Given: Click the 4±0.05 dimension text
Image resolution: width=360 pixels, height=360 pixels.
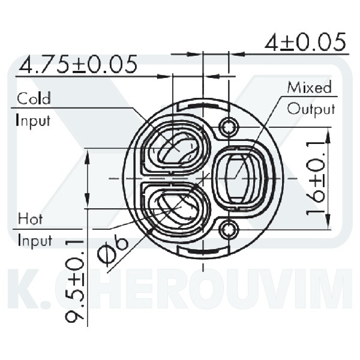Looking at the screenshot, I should (305, 43).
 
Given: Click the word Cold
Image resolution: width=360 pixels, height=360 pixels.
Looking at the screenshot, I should (34, 98).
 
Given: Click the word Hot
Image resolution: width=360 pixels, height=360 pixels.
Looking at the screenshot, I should (30, 218).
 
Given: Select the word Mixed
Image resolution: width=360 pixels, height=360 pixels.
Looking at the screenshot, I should (309, 88).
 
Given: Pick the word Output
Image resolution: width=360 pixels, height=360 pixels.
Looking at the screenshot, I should (311, 109).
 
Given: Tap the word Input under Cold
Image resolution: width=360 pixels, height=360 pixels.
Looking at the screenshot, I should (33, 120).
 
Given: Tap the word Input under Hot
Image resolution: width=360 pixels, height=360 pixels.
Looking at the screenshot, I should (34, 241).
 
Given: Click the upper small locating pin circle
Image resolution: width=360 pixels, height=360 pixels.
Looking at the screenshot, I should (229, 127).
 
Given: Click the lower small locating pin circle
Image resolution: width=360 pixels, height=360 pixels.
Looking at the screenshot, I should (229, 229).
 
